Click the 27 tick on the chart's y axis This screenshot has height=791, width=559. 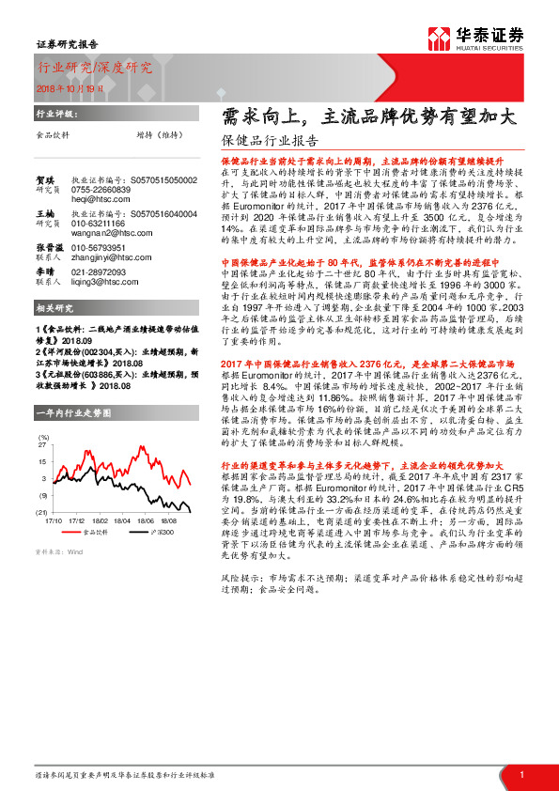click(x=42, y=447)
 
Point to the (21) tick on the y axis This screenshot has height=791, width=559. click(x=41, y=511)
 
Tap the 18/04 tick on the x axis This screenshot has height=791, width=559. click(x=123, y=519)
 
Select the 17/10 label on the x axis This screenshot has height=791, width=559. click(x=53, y=519)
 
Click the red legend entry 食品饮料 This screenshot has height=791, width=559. click(x=94, y=532)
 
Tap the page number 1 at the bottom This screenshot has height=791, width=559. click(x=520, y=774)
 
